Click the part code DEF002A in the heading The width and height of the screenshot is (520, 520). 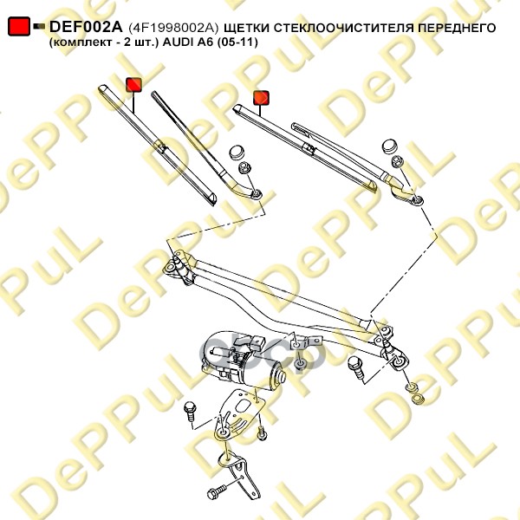click(86, 27)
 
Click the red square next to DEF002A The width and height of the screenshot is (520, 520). click(19, 26)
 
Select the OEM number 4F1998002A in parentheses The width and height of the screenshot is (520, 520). click(173, 28)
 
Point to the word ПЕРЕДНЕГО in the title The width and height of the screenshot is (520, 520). click(457, 28)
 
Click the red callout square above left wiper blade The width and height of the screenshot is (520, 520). click(133, 85)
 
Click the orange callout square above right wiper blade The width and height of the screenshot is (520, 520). click(261, 98)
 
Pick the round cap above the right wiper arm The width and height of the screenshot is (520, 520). click(391, 146)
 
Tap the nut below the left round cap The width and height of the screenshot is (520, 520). click(244, 166)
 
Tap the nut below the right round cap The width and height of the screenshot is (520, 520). click(397, 161)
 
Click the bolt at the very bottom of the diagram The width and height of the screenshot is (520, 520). click(218, 491)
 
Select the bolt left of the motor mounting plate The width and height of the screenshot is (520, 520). click(190, 411)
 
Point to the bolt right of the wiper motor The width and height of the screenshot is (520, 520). click(356, 367)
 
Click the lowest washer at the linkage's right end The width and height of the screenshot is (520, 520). click(419, 398)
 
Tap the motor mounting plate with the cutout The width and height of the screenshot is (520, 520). click(239, 413)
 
